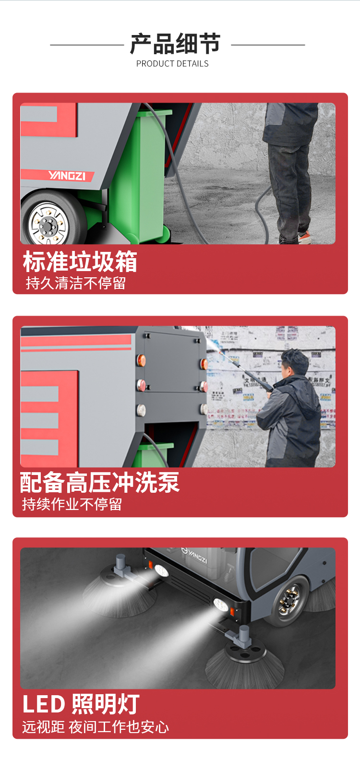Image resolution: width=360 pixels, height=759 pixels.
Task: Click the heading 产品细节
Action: (175, 44)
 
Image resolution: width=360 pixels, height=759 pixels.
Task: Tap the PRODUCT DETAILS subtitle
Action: (172, 64)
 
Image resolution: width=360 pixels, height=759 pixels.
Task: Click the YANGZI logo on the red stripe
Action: (67, 176)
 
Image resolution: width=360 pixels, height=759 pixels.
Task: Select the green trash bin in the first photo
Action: (140, 176)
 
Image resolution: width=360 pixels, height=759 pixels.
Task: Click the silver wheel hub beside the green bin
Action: (48, 224)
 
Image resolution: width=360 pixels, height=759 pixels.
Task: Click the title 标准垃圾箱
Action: (80, 261)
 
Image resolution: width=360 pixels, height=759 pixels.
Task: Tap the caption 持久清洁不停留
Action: (76, 283)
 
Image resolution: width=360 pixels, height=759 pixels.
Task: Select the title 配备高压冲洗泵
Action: (100, 482)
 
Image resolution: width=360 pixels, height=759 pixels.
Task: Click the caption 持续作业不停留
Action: (72, 504)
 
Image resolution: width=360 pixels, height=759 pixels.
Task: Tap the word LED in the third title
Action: (43, 704)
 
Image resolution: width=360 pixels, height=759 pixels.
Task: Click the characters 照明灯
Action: (106, 704)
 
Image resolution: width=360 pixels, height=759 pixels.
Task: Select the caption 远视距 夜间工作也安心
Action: (95, 727)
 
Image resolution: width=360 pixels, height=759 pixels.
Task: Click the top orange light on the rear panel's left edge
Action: (141, 360)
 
